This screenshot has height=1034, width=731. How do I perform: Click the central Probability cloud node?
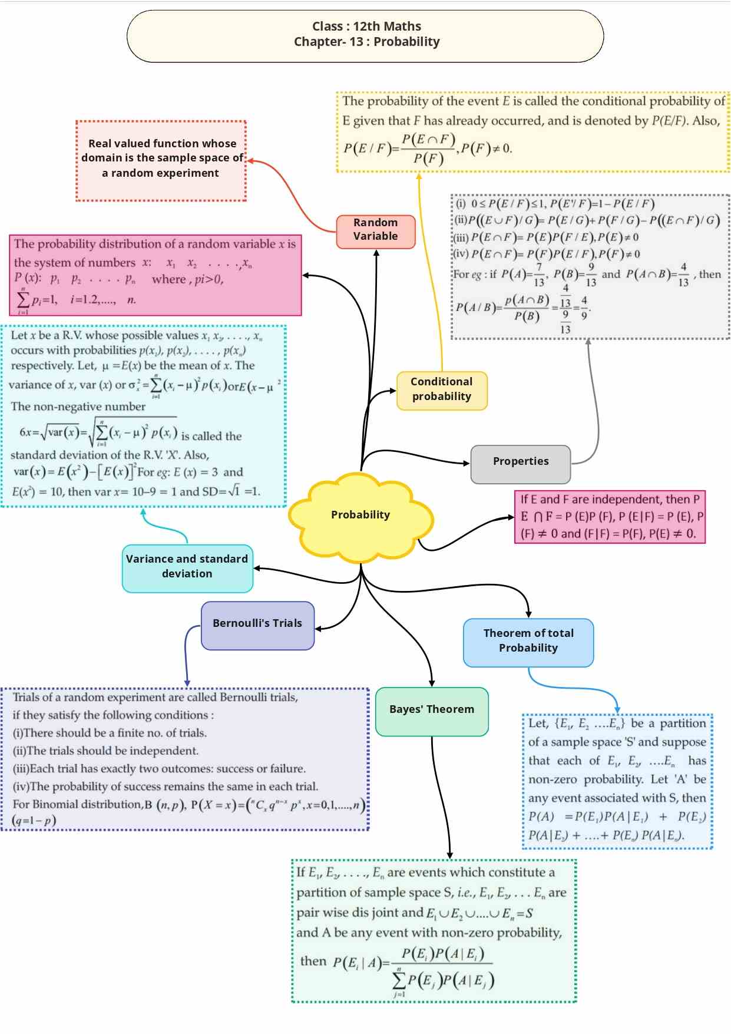[x=360, y=515]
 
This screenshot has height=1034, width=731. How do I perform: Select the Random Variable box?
[x=376, y=230]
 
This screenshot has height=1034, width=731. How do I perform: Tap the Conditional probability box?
[x=442, y=389]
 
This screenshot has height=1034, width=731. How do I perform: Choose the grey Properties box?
[x=521, y=462]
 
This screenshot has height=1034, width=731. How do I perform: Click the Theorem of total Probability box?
[x=528, y=641]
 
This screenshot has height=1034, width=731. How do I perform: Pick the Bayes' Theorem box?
[x=432, y=710]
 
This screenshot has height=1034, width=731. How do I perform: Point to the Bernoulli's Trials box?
[x=257, y=624]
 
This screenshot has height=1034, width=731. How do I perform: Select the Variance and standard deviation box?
[x=187, y=567]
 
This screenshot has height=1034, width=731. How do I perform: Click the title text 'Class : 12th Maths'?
[x=366, y=27]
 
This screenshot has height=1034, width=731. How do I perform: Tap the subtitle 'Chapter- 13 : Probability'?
[x=366, y=42]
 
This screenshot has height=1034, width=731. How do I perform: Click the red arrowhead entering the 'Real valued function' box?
[x=250, y=160]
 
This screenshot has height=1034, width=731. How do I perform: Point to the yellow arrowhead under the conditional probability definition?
[x=419, y=176]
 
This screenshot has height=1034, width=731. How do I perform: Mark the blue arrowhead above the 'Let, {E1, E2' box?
[x=617, y=709]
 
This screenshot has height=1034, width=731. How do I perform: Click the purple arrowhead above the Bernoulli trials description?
[x=187, y=683]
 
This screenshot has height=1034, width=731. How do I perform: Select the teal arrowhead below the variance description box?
[x=143, y=512]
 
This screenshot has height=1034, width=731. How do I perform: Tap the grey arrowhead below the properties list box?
[x=588, y=342]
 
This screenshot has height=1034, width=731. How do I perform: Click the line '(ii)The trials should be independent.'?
[x=105, y=751]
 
